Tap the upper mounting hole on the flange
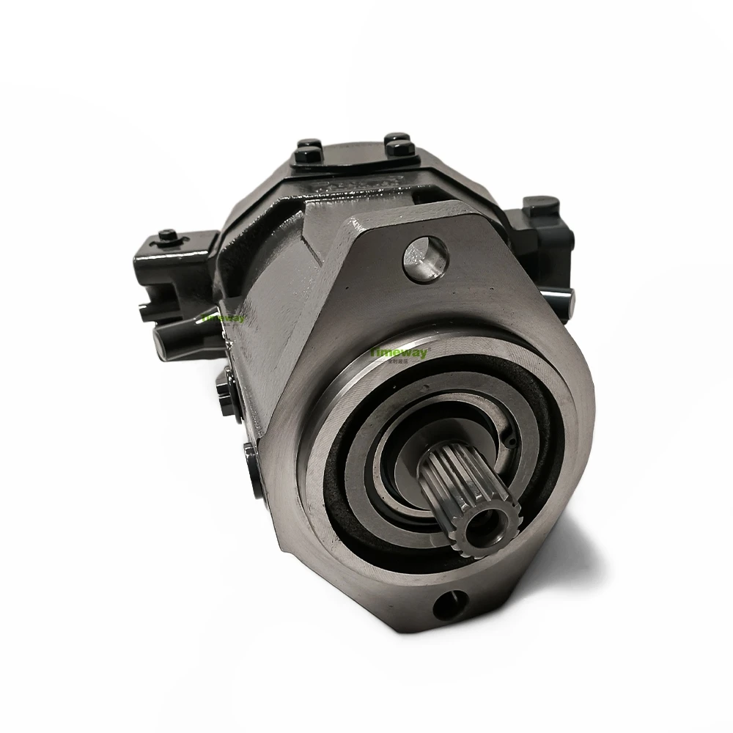pyautogui.click(x=426, y=257)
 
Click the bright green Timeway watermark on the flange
pyautogui.click(x=401, y=352)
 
